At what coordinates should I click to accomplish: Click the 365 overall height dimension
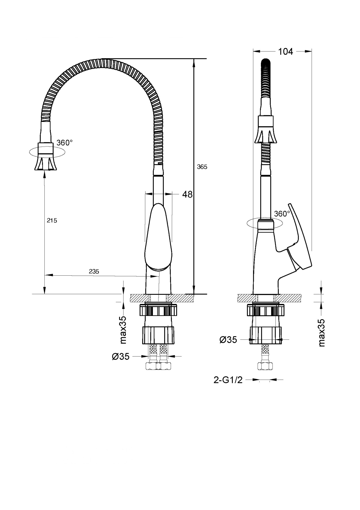(202, 167)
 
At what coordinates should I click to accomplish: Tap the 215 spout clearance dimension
(52, 220)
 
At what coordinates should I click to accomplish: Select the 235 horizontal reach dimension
(94, 271)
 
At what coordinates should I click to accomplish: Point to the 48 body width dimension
(187, 194)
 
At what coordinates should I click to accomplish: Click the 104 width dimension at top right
(285, 52)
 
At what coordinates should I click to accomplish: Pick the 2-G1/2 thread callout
(228, 387)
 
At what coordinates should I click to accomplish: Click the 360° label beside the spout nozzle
(64, 143)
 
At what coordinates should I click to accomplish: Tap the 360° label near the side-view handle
(282, 214)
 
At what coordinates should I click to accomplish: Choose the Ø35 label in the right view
(228, 339)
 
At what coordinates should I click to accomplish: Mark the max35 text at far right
(322, 333)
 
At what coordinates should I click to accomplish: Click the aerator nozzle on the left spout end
(46, 163)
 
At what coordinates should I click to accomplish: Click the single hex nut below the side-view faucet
(265, 366)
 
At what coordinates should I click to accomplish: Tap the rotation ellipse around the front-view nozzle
(31, 152)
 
